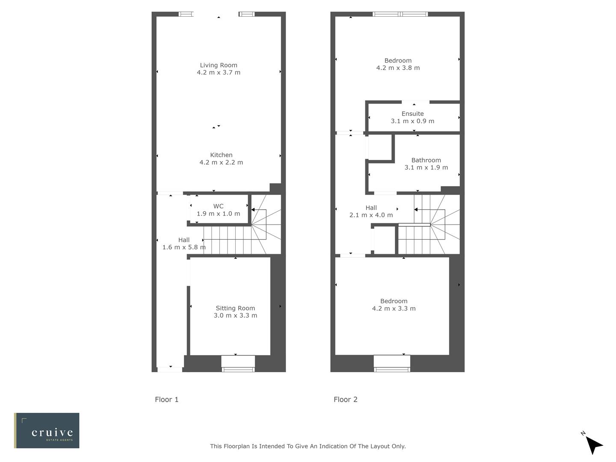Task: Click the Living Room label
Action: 219,65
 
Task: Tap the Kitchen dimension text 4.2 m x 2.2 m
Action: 221,163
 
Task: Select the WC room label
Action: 218,206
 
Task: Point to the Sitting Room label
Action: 235,308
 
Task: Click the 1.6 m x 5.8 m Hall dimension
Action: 184,247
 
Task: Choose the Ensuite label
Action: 413,114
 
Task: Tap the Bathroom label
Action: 426,160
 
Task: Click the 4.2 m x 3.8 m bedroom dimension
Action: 398,68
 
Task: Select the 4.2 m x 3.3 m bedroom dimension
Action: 394,308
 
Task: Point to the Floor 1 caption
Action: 167,400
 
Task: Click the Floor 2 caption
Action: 346,400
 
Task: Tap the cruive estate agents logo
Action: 47,430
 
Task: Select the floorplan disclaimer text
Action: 308,446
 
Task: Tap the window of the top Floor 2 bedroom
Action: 400,14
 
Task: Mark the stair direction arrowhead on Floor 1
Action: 253,210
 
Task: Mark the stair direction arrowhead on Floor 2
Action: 416,210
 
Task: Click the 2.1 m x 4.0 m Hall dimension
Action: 371,215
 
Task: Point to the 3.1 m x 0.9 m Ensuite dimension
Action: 412,121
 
